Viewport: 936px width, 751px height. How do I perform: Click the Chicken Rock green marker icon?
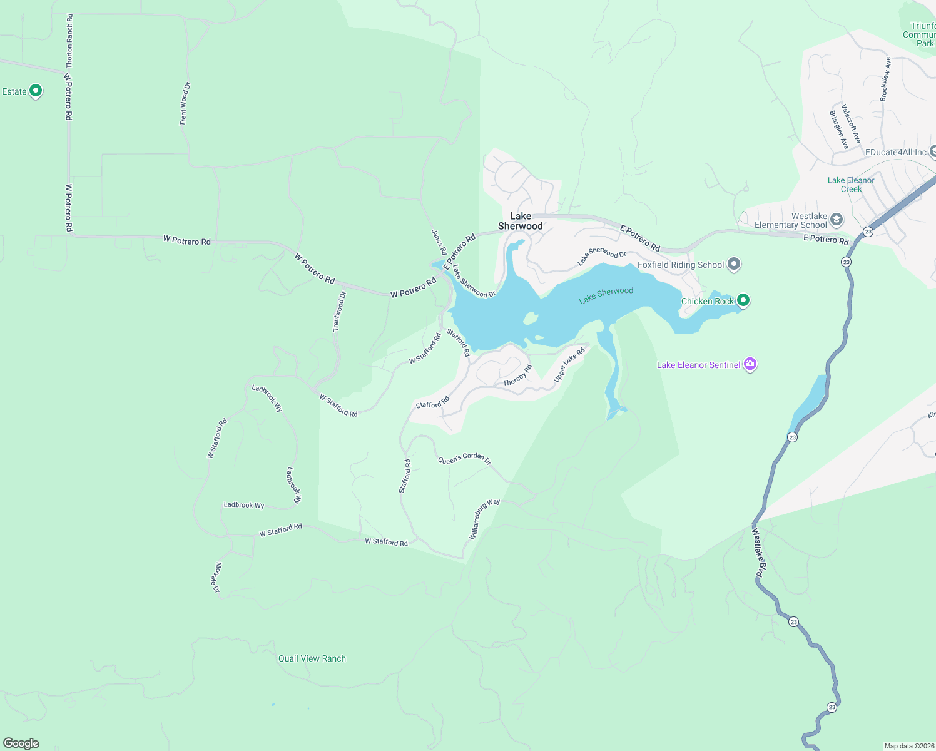pos(743,300)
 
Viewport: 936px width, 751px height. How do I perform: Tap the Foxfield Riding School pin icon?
pos(735,265)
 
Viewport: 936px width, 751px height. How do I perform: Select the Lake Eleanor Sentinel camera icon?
pos(750,364)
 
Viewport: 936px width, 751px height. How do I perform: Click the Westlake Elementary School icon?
pos(837,220)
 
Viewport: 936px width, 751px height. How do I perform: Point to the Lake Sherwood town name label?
pos(520,221)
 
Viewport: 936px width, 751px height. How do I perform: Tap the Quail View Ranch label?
pos(312,658)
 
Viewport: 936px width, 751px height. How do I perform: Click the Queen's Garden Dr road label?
pos(464,459)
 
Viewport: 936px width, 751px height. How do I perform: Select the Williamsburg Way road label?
pos(484,519)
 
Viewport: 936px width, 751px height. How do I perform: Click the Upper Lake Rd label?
pos(569,365)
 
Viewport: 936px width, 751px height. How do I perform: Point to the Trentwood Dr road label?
pos(338,312)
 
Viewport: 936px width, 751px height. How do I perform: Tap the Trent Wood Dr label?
pos(184,103)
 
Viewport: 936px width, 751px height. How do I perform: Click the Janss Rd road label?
pos(439,242)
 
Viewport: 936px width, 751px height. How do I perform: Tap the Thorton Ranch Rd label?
pos(69,41)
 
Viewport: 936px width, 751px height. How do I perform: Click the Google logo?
pos(21,743)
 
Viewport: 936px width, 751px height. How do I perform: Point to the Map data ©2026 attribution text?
pos(909,746)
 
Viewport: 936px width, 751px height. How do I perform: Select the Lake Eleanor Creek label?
pos(850,185)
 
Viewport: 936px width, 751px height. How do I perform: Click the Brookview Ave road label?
pos(885,79)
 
